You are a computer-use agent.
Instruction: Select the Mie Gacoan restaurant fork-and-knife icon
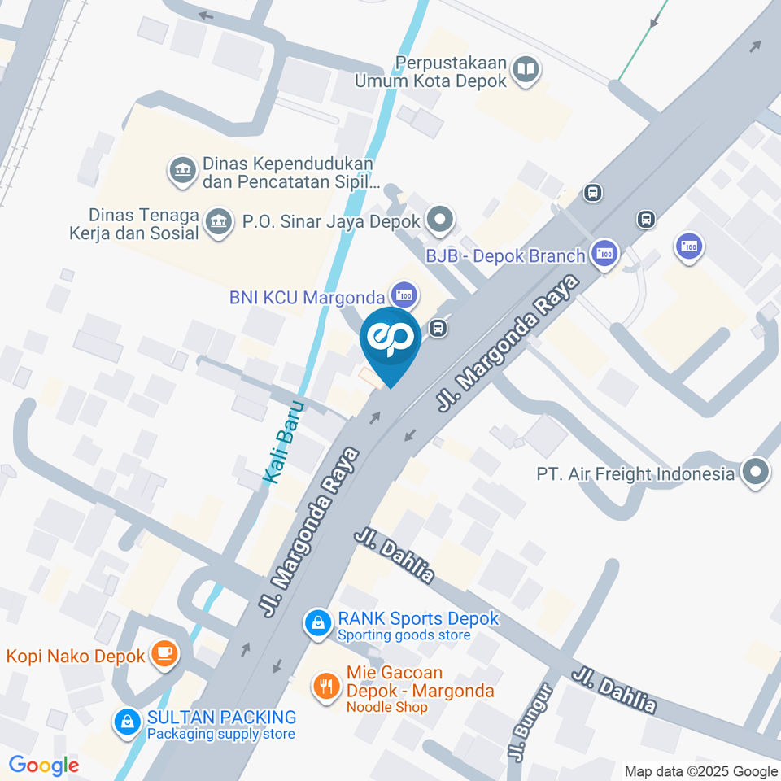click(327, 686)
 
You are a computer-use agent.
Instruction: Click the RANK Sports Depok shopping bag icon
click(317, 624)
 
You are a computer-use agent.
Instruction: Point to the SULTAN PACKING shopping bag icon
click(127, 722)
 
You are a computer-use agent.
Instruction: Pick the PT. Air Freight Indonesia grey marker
click(757, 473)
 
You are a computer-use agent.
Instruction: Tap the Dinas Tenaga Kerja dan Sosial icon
click(217, 221)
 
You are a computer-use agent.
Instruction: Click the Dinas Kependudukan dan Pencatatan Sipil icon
click(181, 171)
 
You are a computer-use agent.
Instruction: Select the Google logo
click(43, 766)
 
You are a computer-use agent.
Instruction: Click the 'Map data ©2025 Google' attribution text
click(701, 771)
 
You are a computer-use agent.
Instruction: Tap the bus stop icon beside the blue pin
click(438, 328)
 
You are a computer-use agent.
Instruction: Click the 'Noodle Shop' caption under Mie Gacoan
click(387, 707)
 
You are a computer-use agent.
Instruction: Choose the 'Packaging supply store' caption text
click(220, 734)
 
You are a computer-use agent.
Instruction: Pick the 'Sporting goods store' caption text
click(404, 635)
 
